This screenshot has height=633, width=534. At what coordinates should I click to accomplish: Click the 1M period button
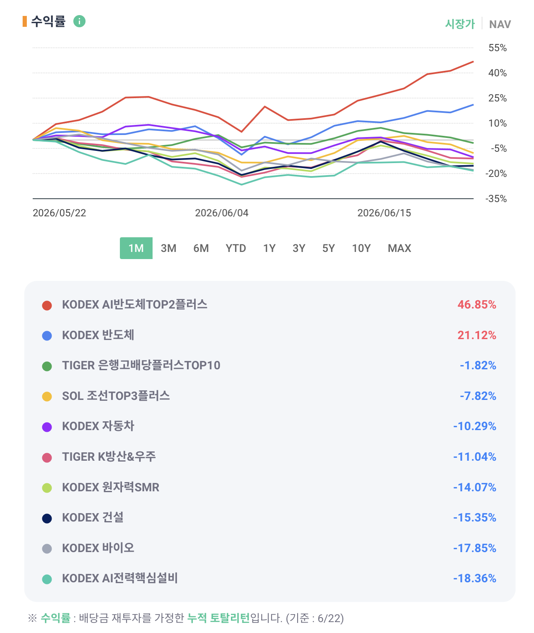tap(136, 248)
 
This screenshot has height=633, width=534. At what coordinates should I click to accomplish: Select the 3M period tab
tap(168, 248)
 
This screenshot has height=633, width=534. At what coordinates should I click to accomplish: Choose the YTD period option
tap(236, 248)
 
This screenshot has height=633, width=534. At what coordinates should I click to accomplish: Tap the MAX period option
tap(399, 248)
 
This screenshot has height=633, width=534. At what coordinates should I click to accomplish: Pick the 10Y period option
tap(361, 248)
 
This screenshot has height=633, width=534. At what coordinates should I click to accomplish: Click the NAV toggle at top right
tap(500, 24)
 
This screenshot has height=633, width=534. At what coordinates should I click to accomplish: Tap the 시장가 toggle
tap(460, 24)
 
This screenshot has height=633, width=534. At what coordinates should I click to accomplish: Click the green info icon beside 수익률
tap(79, 21)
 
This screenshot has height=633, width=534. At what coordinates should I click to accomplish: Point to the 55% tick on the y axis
tap(498, 48)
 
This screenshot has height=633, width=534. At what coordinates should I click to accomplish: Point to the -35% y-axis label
tap(496, 199)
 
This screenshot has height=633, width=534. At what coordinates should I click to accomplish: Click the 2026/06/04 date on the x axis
tap(222, 213)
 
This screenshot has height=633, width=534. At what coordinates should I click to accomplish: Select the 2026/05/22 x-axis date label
tap(60, 213)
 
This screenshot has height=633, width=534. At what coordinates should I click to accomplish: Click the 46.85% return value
tap(477, 305)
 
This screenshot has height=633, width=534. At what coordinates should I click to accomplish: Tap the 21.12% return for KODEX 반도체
tap(477, 335)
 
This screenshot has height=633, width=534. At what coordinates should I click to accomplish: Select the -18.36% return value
tap(474, 579)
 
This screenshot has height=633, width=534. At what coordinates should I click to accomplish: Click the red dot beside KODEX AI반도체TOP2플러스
tap(47, 305)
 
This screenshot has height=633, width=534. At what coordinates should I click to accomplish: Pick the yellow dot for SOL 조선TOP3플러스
tap(47, 397)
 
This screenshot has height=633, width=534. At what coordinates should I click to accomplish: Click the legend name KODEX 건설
tap(93, 517)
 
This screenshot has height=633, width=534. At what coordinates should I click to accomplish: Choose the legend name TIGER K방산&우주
tap(109, 457)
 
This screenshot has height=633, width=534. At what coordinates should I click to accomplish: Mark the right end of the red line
tap(473, 62)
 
